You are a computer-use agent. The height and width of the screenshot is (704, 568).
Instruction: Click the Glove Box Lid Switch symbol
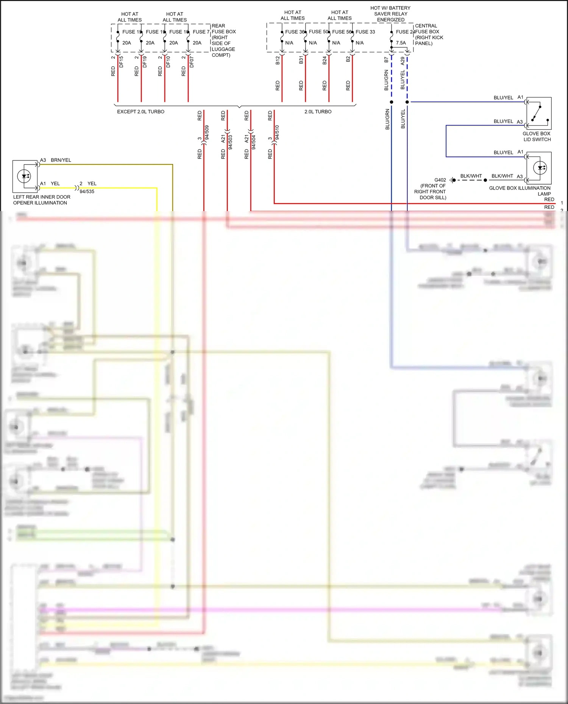539,113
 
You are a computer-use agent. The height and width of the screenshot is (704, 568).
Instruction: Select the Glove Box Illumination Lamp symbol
539,168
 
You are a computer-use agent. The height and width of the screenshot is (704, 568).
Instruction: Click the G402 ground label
440,180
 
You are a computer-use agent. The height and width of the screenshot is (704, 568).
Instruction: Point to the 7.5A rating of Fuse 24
401,43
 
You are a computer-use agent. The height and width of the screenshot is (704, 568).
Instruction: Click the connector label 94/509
207,132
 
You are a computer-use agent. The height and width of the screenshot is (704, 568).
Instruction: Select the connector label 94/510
277,132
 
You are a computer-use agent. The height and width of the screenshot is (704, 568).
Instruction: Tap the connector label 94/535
87,191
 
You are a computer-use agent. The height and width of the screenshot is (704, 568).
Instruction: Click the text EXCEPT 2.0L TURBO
140,112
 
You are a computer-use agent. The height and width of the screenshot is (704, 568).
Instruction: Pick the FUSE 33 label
365,32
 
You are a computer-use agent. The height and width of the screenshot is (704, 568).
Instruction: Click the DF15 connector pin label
121,62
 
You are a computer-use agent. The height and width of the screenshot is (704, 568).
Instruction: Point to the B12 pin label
278,60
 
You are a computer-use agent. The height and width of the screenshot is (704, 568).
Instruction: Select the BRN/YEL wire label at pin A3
61,160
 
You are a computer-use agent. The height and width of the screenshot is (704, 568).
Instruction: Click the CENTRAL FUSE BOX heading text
427,29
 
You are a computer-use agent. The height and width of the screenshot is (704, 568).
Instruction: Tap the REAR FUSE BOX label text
223,29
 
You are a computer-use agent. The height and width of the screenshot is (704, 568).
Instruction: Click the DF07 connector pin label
192,62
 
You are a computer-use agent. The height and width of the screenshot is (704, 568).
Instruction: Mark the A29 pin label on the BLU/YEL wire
403,61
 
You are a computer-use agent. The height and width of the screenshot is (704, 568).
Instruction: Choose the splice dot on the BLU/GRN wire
392,102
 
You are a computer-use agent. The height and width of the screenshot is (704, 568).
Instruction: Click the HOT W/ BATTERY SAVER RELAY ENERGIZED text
390,14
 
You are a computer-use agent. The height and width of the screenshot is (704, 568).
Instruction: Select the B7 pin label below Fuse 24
386,60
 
